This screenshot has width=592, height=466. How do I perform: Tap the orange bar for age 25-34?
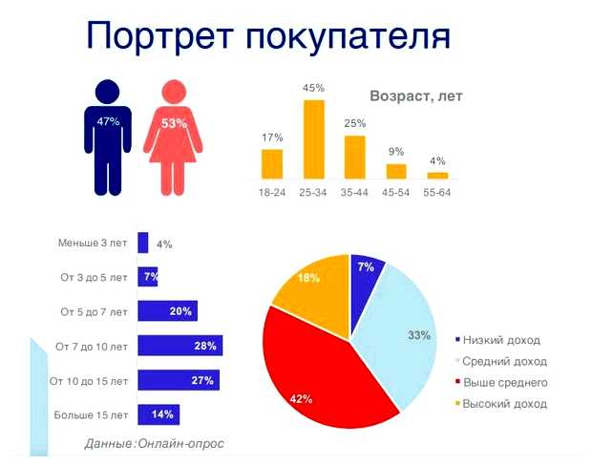314,139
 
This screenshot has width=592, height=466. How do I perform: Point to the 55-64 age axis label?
437,193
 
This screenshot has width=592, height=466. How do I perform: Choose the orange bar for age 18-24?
272,163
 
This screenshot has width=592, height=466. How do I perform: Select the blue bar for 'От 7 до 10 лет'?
180,346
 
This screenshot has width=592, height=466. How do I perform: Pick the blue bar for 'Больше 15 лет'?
159,414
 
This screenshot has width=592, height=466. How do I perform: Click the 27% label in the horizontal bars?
202,381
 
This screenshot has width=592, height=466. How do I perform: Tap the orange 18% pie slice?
312,286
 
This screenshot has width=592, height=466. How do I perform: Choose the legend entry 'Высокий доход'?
504,404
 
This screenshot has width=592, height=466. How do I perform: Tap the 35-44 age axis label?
355,193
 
